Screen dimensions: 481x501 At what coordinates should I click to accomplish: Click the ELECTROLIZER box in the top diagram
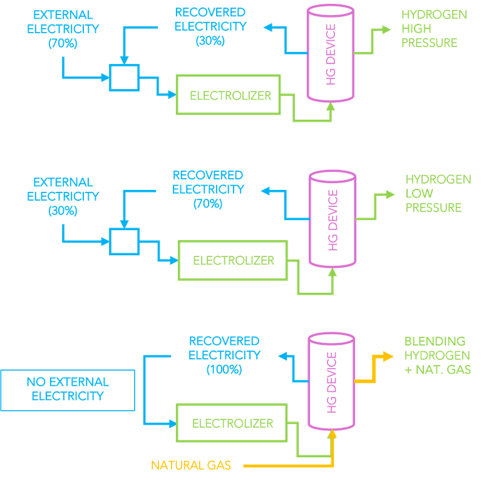[230, 95]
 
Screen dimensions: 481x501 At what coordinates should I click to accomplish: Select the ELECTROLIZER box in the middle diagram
[233, 260]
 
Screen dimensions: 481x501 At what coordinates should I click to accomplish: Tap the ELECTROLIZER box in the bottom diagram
[232, 423]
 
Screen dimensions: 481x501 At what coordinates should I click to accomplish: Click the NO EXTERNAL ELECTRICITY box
[68, 388]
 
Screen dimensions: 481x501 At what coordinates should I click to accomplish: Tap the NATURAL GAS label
[190, 465]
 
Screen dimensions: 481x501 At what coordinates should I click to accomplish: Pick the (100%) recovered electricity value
[224, 369]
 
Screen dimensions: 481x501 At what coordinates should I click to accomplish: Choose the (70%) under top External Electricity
[62, 43]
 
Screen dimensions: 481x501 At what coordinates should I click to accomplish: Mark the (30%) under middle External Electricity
[62, 211]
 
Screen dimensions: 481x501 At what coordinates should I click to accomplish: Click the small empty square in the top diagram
[123, 77]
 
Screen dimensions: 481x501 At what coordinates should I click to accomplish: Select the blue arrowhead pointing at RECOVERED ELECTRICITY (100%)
[282, 356]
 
